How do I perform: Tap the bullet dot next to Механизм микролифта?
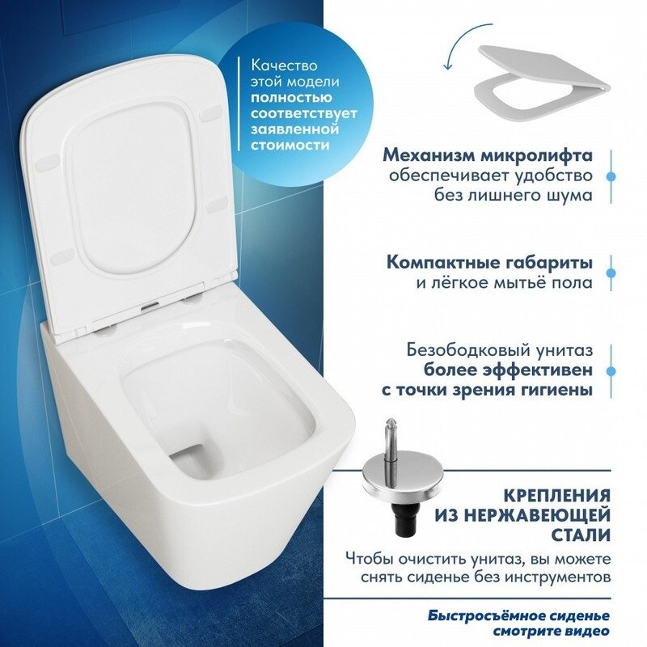611,175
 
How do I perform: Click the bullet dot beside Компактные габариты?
611,273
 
